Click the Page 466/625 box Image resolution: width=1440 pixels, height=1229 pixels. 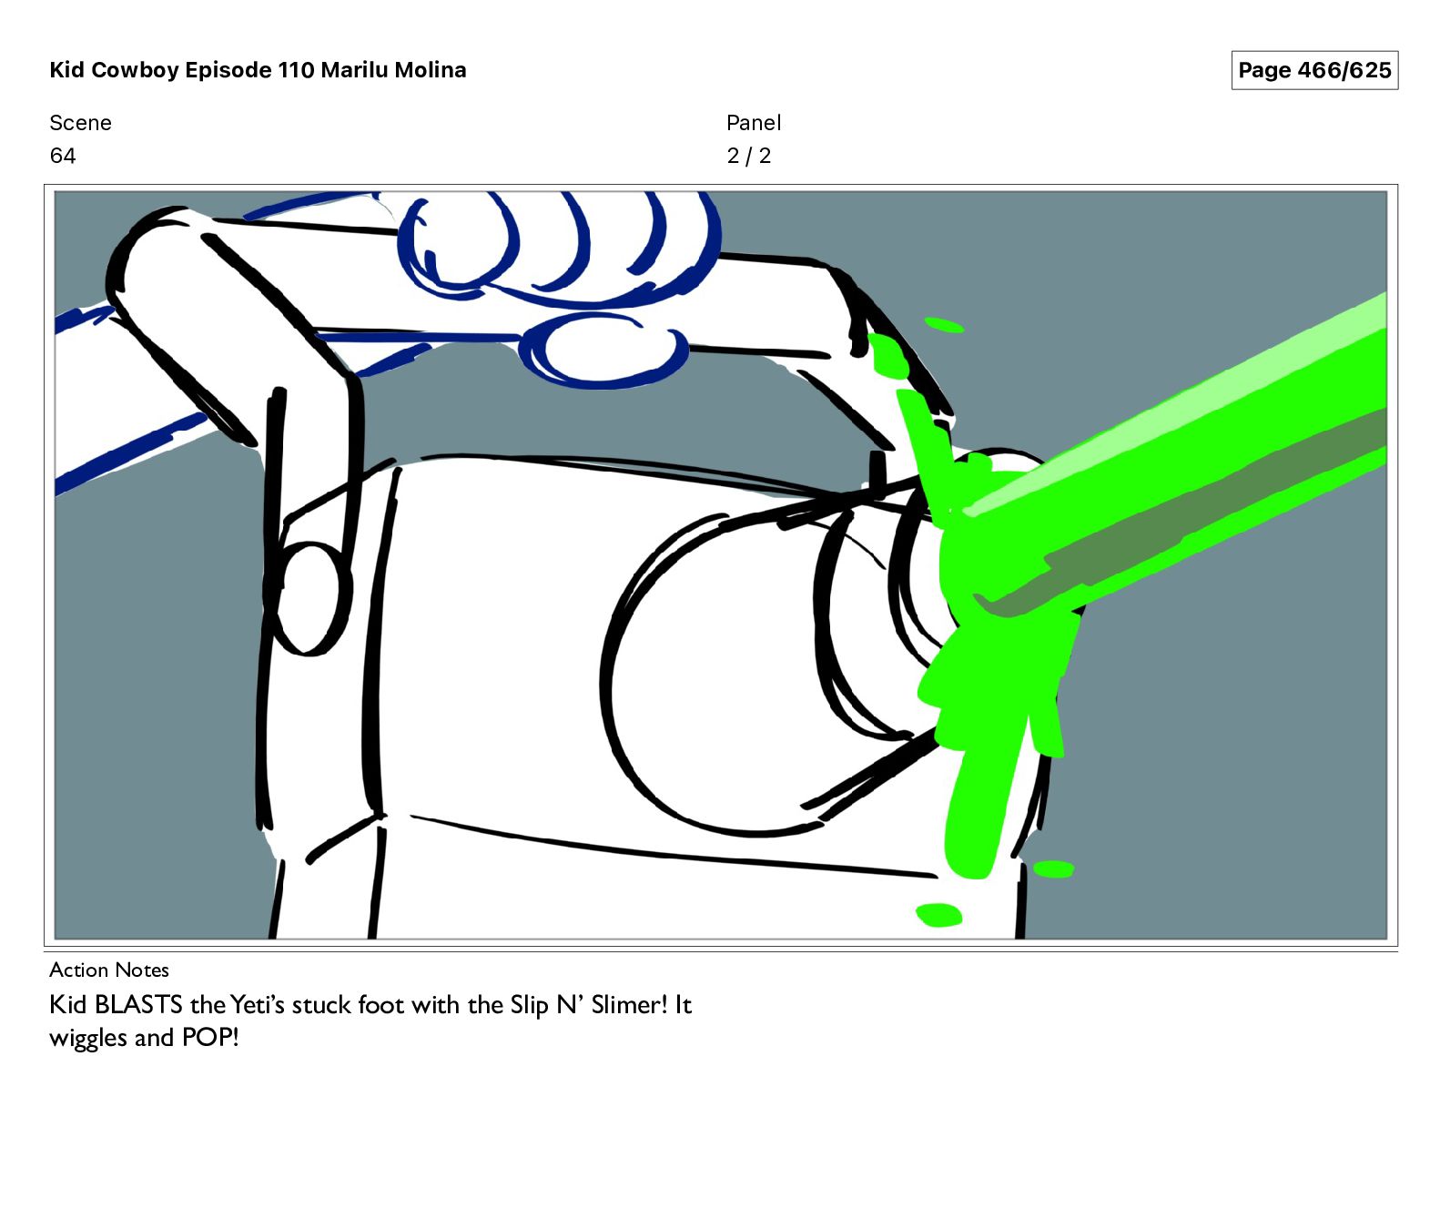pyautogui.click(x=1314, y=70)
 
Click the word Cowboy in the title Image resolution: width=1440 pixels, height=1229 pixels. pyautogui.click(x=136, y=70)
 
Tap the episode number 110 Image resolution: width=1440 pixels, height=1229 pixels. pyautogui.click(x=296, y=70)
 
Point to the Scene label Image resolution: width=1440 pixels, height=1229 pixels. pyautogui.click(x=80, y=123)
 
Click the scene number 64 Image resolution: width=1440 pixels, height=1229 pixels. pyautogui.click(x=63, y=156)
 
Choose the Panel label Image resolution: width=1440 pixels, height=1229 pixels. pyautogui.click(x=754, y=123)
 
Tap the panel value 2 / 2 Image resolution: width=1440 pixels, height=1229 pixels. pyautogui.click(x=748, y=156)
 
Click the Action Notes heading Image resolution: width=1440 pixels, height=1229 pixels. pyautogui.click(x=109, y=970)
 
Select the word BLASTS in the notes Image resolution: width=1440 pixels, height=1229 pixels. pyautogui.click(x=138, y=1004)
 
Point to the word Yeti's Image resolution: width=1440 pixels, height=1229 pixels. pyautogui.click(x=258, y=1004)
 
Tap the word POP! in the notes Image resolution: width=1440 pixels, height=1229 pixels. pyautogui.click(x=210, y=1037)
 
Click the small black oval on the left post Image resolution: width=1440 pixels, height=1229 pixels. pyautogui.click(x=313, y=598)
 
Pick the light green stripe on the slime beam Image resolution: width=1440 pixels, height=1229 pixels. pyautogui.click(x=1183, y=401)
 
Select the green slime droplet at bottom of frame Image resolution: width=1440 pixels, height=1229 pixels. pyautogui.click(x=938, y=914)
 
